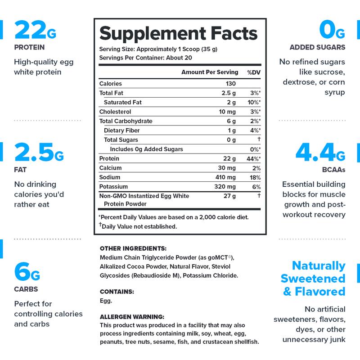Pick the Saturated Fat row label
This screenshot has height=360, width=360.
click(x=123, y=102)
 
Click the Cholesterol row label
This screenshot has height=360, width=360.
click(x=116, y=112)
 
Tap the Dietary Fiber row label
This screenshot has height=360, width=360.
click(x=121, y=130)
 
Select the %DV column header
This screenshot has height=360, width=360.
click(x=253, y=72)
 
